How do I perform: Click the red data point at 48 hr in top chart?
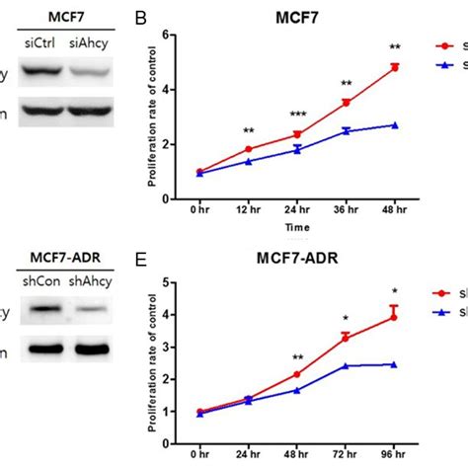[395, 67]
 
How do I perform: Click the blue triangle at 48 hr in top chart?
[395, 125]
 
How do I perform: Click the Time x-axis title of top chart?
[297, 227]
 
